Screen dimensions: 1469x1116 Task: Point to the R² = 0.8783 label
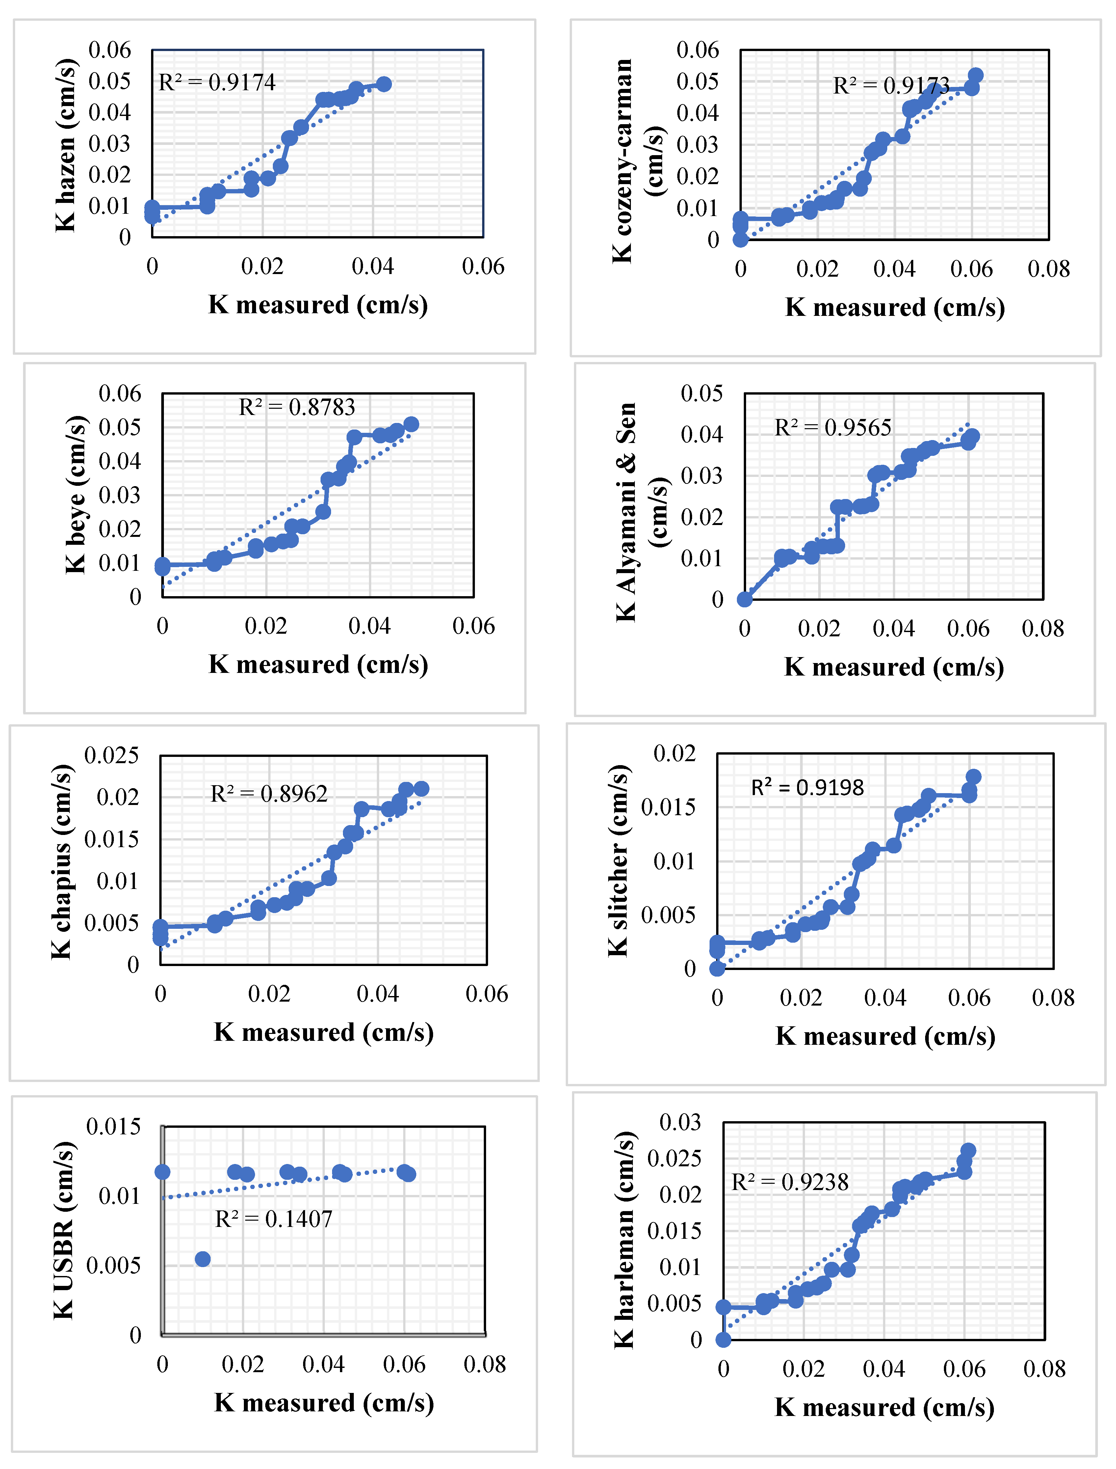(x=297, y=407)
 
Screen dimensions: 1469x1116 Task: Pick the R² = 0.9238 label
(x=790, y=1182)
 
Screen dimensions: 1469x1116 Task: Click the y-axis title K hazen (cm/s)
(x=66, y=145)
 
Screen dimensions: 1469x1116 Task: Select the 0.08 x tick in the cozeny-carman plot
(x=1048, y=269)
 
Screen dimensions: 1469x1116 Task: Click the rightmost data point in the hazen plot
(x=383, y=84)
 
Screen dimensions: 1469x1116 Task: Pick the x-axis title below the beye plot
(x=318, y=664)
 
